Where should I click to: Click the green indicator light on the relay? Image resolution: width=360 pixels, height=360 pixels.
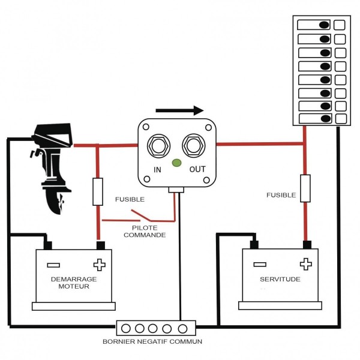[x=176, y=163]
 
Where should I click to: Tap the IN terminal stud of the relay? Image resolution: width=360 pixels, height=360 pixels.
[x=158, y=146]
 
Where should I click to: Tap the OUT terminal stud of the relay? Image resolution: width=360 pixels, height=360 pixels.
[x=194, y=146]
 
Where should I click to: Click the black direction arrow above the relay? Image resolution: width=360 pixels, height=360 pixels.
[x=179, y=110]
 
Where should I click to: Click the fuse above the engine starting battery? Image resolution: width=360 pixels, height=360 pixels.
[x=98, y=192]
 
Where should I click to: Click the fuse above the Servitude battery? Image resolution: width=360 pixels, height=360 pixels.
[x=305, y=188]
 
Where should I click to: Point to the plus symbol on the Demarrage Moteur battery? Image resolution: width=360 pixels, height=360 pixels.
[x=100, y=265]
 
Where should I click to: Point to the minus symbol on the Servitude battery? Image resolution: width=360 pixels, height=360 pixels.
[x=260, y=265]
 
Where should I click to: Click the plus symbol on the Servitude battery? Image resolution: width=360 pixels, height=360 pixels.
[x=306, y=264]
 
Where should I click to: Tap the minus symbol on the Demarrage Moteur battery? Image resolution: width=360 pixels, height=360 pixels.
[x=53, y=265]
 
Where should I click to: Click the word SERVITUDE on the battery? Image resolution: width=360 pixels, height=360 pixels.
[x=280, y=279]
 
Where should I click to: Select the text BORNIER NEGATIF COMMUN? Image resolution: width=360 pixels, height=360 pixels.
[x=152, y=341]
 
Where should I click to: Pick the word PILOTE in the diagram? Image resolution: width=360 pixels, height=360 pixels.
[x=145, y=228]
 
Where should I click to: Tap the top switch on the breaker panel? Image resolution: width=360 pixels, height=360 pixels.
[x=314, y=25]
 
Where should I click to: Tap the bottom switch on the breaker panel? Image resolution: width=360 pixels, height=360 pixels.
[x=315, y=118]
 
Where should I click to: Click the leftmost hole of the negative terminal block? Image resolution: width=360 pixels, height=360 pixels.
[x=126, y=329]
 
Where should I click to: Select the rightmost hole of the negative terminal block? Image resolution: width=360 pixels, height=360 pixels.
[x=183, y=329]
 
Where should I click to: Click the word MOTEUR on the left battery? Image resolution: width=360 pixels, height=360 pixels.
[x=74, y=286]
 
